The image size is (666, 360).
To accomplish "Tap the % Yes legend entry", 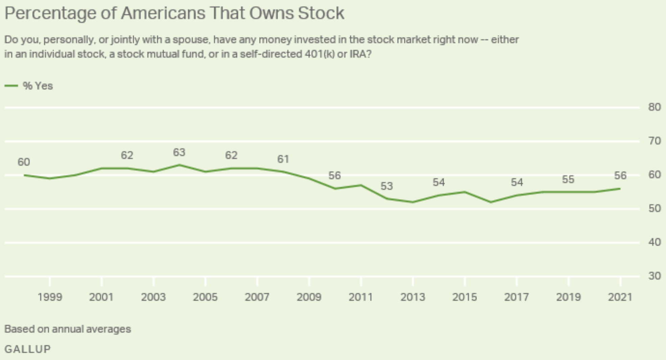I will coord(37,86).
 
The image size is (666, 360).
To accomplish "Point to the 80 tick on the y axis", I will coord(654,107).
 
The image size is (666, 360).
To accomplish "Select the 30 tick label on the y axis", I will coord(654,276).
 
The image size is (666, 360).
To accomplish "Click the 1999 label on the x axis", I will coord(50,297).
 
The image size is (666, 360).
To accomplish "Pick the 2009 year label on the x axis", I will coord(309,297).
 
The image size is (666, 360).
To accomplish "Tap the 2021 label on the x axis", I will coord(620,297).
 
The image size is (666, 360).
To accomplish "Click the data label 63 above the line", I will coord(179,152).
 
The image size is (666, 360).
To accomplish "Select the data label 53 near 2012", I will coord(387,186).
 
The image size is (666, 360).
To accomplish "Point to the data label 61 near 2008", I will coord(283,159).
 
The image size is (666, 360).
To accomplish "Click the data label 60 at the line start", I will coord(24,162).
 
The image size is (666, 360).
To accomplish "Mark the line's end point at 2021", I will coord(620,189).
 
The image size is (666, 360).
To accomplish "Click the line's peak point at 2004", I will coord(179,165).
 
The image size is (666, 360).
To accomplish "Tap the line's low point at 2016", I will coord(490,202).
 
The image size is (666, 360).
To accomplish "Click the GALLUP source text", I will coord(28,349).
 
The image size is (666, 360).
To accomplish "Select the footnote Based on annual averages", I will coord(68,329).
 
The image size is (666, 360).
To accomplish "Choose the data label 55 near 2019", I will coord(568,179).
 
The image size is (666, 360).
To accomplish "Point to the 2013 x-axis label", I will coord(413,297).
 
